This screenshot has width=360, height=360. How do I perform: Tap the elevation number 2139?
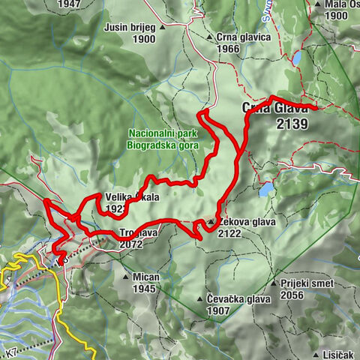(x=291, y=124)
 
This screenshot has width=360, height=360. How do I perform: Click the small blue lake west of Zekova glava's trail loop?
(x=266, y=189)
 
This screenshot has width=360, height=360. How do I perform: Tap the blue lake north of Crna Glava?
(x=298, y=58)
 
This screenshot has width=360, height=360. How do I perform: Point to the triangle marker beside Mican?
(x=126, y=277)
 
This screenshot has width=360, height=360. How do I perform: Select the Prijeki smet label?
(x=307, y=284)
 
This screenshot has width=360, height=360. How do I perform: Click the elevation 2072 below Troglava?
(x=132, y=244)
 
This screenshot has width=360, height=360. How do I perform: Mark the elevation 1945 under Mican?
(x=147, y=287)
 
